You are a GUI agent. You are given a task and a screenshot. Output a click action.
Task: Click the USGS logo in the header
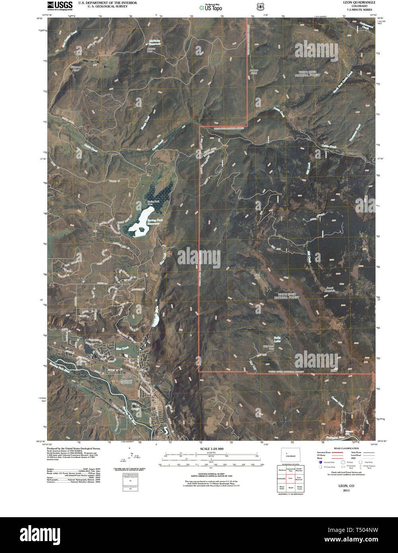60,5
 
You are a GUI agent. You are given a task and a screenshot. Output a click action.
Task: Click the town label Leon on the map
110,409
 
